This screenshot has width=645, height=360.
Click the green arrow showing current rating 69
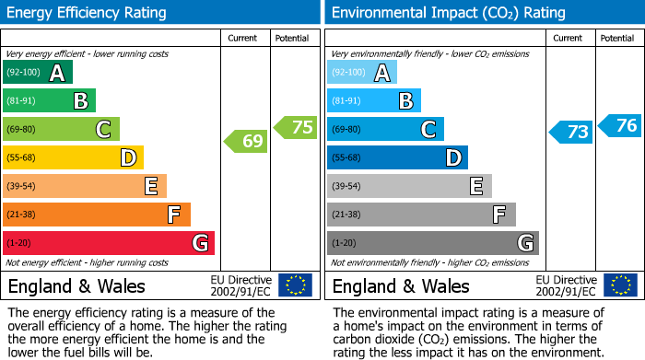245,142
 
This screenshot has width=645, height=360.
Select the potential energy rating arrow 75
296,128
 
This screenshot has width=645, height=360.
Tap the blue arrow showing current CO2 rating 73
570,132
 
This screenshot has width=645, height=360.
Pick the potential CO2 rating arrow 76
620,125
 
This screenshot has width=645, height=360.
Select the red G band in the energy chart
108,243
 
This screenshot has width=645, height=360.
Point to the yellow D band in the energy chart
73,158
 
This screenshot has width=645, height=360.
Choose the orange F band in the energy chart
97,215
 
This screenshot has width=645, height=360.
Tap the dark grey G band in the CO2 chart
432,243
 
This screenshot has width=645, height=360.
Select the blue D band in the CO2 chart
397,158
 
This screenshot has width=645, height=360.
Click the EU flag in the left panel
295,285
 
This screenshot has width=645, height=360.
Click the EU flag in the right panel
619,285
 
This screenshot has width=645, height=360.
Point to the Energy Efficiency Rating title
88,13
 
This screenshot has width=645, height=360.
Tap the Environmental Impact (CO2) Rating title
447,13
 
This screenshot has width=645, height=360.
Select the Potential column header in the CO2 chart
617,38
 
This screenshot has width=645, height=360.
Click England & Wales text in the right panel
401,286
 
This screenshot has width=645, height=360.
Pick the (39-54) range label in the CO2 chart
346,187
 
